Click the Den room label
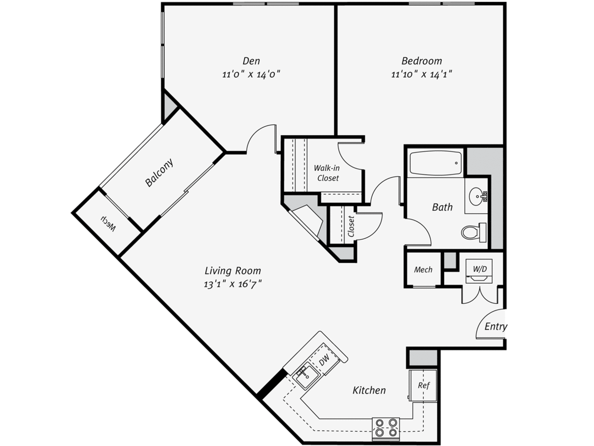pyautogui.click(x=251, y=60)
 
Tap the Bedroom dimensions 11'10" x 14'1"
pyautogui.click(x=422, y=74)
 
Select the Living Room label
pyautogui.click(x=233, y=271)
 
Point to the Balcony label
pyautogui.click(x=159, y=173)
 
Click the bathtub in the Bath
pyautogui.click(x=436, y=164)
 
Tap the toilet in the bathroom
pyautogui.click(x=474, y=232)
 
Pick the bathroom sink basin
pyautogui.click(x=477, y=195)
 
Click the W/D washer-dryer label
pyautogui.click(x=480, y=269)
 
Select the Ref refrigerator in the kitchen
pyautogui.click(x=423, y=386)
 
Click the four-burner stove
pyautogui.click(x=386, y=428)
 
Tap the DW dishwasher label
pyautogui.click(x=324, y=360)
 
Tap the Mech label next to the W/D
pyautogui.click(x=423, y=270)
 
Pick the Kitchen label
pyautogui.click(x=369, y=390)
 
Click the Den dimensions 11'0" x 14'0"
pyautogui.click(x=251, y=74)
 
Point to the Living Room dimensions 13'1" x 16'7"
pyautogui.click(x=233, y=284)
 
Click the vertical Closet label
pyautogui.click(x=351, y=226)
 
